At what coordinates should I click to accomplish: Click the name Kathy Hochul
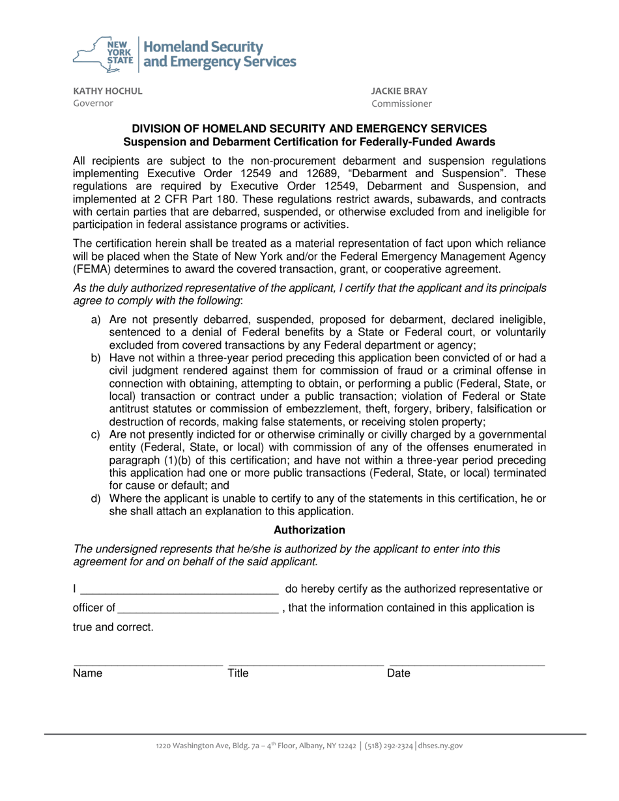coord(107,91)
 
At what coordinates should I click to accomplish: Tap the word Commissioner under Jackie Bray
coord(401,104)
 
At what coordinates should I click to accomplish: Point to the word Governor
coord(93,104)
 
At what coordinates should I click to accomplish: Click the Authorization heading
coord(309,530)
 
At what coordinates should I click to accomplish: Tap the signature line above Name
coord(148,666)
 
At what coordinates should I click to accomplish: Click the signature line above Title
coord(306,666)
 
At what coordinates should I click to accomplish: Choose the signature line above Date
coord(467,666)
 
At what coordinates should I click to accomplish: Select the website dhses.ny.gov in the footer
coord(440,746)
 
